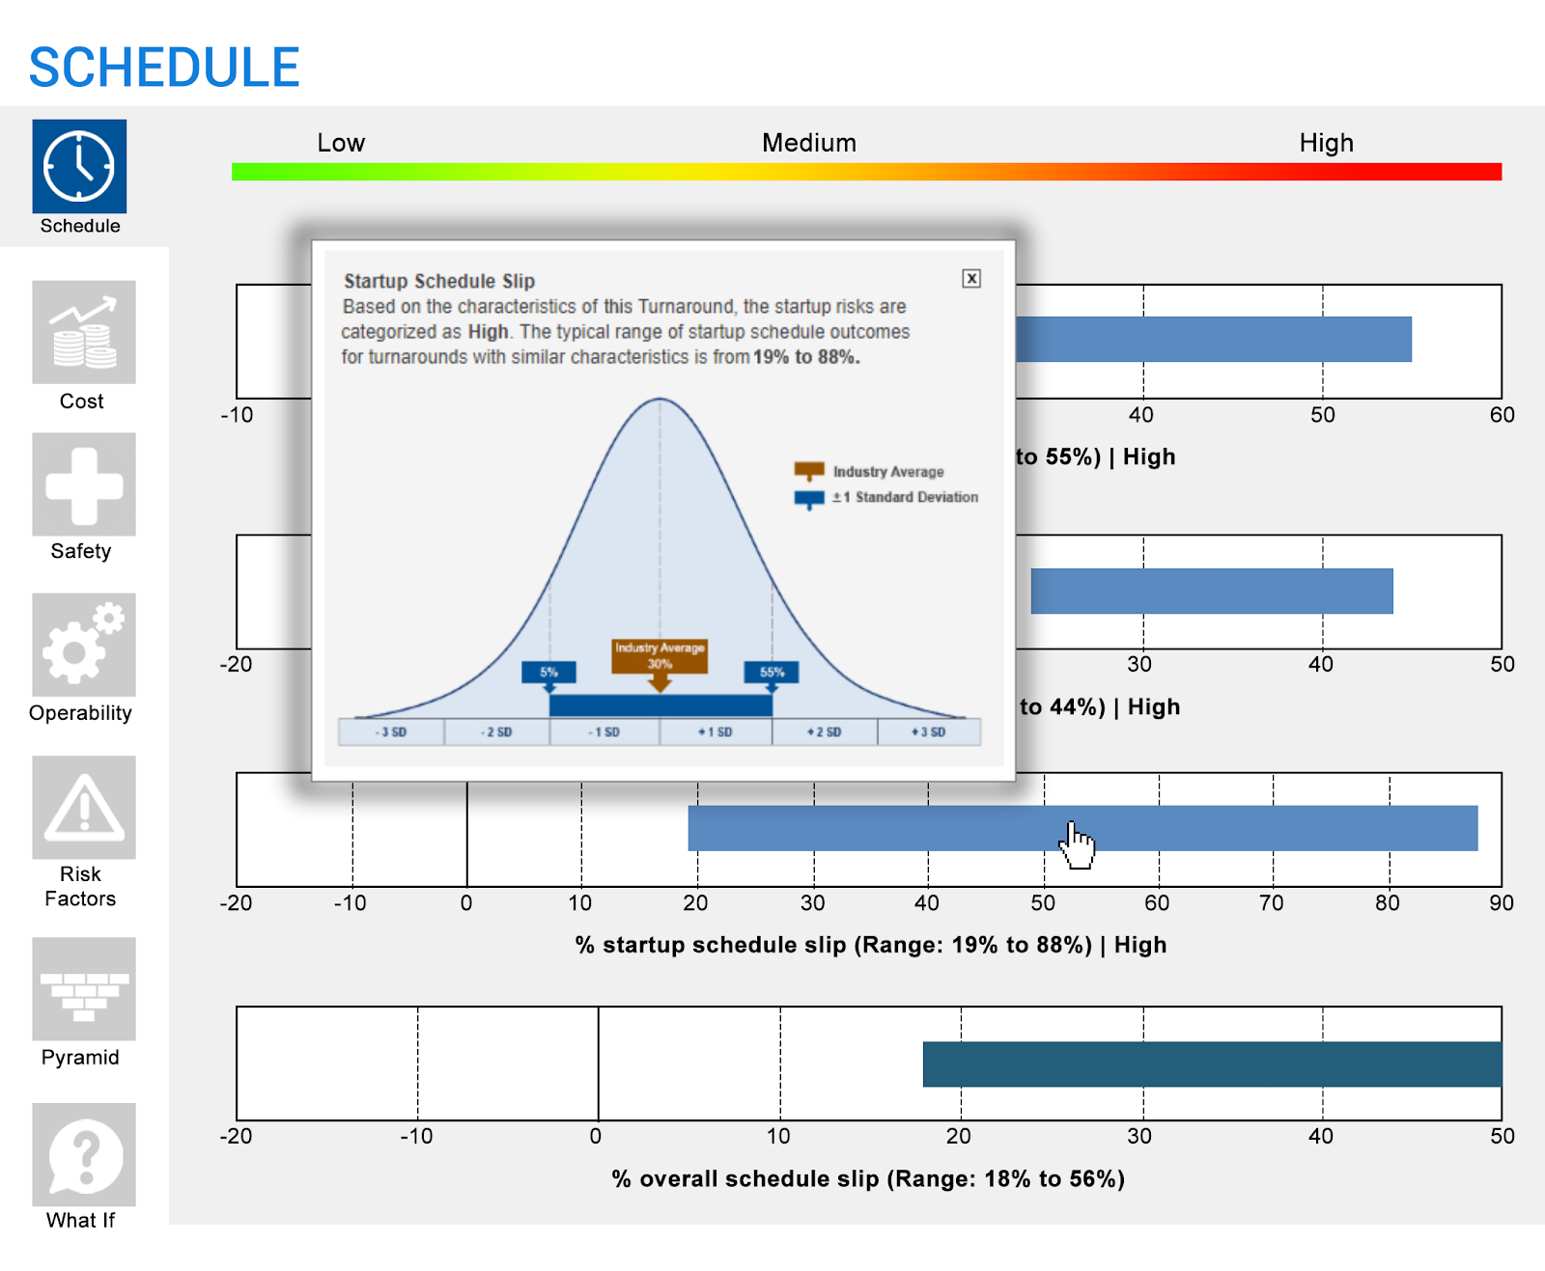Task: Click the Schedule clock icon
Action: pos(79,166)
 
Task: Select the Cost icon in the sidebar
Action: pos(83,332)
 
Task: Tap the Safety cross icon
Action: pos(83,484)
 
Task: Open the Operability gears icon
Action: pos(83,645)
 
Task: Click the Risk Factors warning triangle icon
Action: pos(83,808)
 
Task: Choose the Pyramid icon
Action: pos(83,989)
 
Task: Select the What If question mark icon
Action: pos(83,1154)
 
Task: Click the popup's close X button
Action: pos(971,279)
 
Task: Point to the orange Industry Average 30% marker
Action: pos(660,656)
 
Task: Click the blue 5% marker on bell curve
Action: pos(548,672)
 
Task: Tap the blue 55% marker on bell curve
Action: pos(771,672)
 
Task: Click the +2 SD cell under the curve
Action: pos(824,732)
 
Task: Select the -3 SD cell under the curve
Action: pos(391,732)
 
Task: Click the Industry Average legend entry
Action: pos(887,472)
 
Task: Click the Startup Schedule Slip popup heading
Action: pos(439,281)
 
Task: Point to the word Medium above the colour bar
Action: pos(808,143)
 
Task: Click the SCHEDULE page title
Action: pos(164,68)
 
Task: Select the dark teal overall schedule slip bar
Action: pos(1211,1064)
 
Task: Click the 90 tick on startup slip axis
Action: pos(1501,903)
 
